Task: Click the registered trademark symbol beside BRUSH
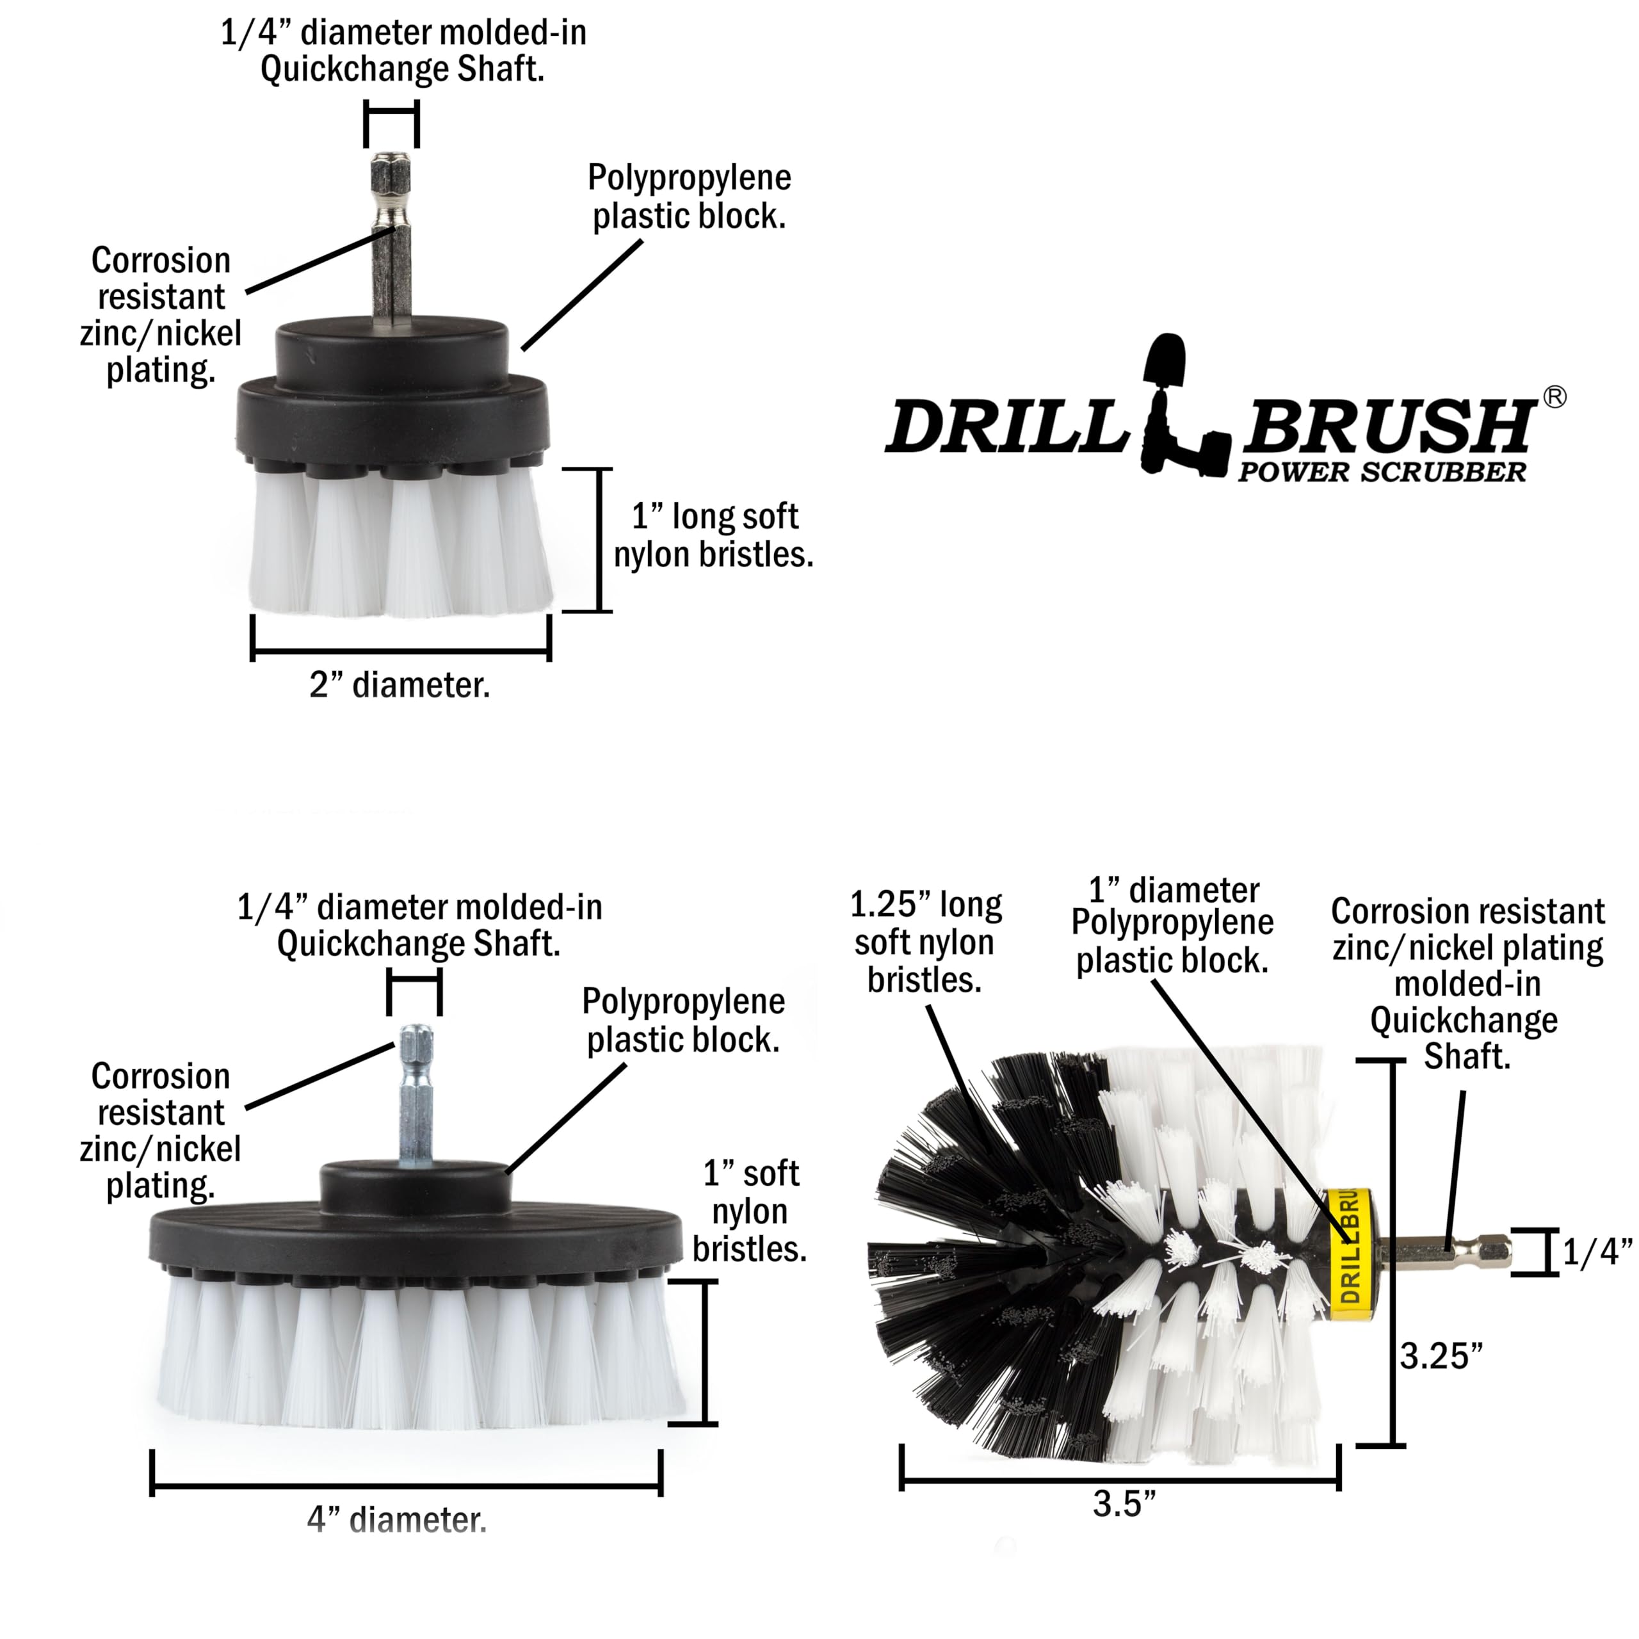tap(1554, 397)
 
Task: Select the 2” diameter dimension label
tap(400, 686)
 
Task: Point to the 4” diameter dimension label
tap(397, 1520)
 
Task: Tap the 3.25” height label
tap(1441, 1357)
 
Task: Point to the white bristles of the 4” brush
tap(416, 1349)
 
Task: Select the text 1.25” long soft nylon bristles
tap(926, 942)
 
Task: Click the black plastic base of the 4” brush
tap(416, 1239)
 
